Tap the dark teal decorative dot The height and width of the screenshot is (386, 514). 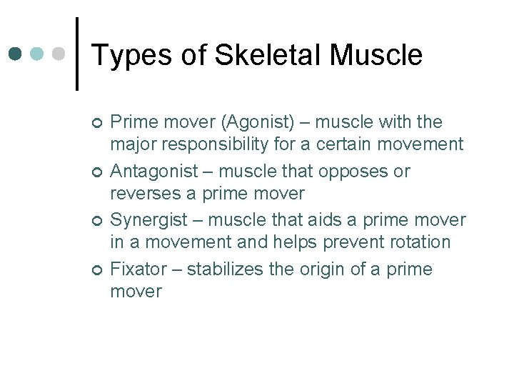[x=16, y=54]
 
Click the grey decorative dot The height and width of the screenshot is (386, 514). [x=59, y=54]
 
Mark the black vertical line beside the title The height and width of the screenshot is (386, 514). [x=76, y=54]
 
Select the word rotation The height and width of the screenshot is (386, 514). [x=415, y=242]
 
